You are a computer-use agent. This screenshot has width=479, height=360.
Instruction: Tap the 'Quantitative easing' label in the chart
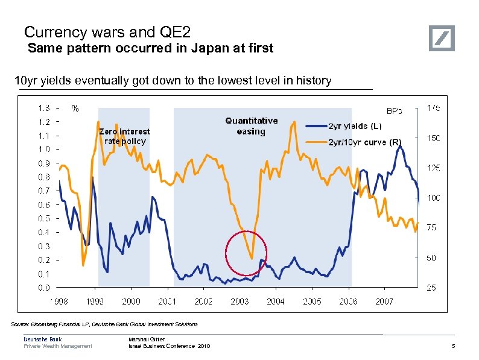coord(251,125)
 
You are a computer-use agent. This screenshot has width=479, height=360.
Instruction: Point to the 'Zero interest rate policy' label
coord(124,136)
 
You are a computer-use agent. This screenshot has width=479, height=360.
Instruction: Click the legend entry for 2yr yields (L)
coord(355,126)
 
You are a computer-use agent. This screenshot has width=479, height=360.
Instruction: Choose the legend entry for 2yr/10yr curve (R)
coord(364,142)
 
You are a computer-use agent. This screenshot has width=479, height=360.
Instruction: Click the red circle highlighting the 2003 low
coord(246,252)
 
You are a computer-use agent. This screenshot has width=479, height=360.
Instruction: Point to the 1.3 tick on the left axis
coord(44,108)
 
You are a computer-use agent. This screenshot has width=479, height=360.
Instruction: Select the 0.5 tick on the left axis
coord(44,218)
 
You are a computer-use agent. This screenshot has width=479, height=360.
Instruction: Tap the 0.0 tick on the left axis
coord(44,288)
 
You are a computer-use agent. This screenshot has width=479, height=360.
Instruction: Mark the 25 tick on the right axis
coord(432,288)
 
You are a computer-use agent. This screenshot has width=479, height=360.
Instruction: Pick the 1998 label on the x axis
coord(58,301)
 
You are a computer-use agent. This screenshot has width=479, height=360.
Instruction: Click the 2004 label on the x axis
coord(276,301)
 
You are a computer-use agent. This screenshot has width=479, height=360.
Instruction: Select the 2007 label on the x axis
coord(384,301)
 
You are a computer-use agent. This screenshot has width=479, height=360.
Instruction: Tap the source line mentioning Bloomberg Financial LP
coord(104,324)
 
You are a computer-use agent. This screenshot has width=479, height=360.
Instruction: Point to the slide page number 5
coord(452,346)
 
